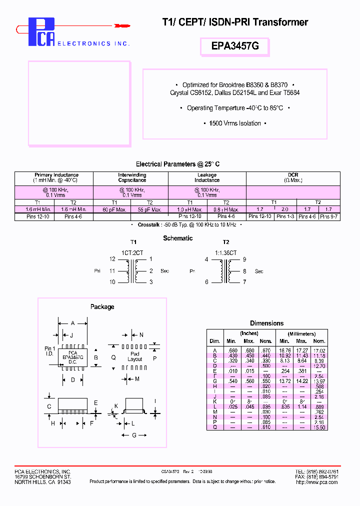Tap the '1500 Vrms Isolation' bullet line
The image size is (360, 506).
click(x=235, y=123)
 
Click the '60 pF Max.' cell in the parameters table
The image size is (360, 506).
click(x=114, y=209)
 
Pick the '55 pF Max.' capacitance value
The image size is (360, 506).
click(x=149, y=209)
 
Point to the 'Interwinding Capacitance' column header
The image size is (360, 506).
click(x=132, y=177)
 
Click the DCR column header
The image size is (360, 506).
click(x=293, y=175)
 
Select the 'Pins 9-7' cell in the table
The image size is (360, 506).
click(x=329, y=216)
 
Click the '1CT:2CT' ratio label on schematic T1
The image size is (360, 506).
click(x=132, y=253)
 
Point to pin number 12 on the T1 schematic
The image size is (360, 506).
click(x=112, y=259)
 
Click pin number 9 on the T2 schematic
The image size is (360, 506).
click(x=244, y=259)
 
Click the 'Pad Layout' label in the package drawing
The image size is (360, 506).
click(x=134, y=356)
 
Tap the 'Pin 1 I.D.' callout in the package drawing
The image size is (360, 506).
click(x=49, y=351)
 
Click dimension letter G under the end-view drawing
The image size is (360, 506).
click(x=133, y=435)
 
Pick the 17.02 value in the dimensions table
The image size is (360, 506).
click(x=320, y=350)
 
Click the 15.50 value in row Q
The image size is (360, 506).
click(x=320, y=427)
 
